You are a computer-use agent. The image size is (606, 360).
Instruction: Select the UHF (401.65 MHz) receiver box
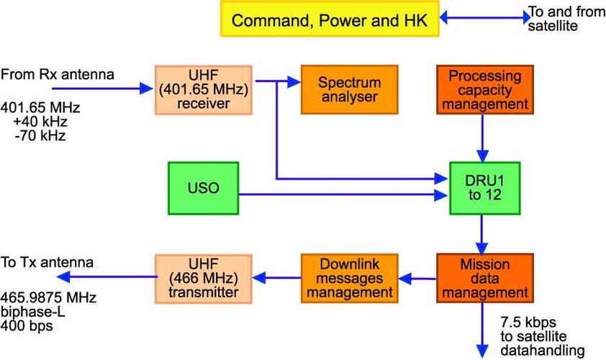[x=203, y=90]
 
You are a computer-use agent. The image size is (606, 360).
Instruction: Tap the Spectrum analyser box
[x=348, y=90]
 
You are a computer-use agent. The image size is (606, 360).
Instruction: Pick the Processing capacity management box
[x=484, y=90]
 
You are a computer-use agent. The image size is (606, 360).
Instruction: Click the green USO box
[x=203, y=188]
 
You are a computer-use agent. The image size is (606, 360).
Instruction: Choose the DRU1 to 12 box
[x=484, y=188]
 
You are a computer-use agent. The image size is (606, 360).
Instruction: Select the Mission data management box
[x=484, y=278]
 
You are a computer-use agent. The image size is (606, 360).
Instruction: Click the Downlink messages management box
[x=348, y=278]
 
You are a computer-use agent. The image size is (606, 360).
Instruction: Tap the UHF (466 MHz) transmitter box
[x=203, y=278]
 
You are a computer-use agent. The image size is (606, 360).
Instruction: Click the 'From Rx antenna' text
[x=58, y=74]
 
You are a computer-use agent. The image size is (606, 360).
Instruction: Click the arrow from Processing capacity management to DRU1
[x=483, y=137]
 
